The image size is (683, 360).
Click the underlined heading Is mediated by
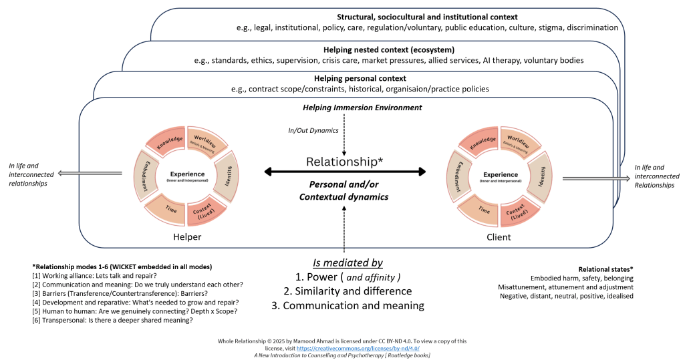click(348, 262)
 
